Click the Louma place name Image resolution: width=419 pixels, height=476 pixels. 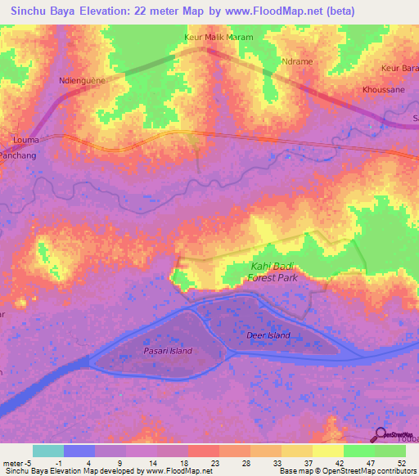coord(27,140)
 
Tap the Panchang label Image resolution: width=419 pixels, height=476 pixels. coord(17,153)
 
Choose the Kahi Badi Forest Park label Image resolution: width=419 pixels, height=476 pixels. coord(273,272)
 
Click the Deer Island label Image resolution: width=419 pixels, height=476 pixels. coord(268,335)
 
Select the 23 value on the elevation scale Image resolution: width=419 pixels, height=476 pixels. coord(214,462)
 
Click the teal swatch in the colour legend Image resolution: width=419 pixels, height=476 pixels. coord(48,451)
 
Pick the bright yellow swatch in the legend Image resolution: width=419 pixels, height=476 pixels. coord(327,451)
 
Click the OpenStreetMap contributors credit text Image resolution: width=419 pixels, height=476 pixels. coord(361,471)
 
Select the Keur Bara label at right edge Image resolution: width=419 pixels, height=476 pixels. coord(399,68)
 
